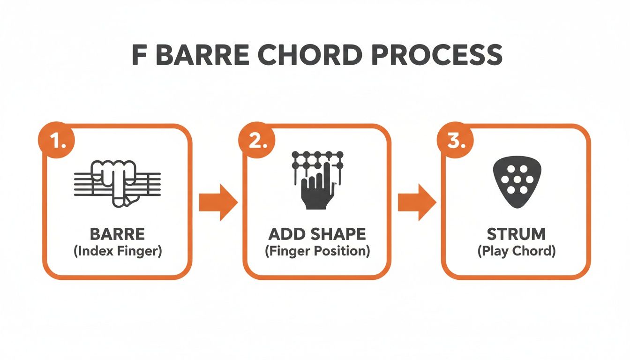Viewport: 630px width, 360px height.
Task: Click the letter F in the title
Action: [x=139, y=56]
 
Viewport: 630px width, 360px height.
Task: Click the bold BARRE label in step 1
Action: [x=117, y=234]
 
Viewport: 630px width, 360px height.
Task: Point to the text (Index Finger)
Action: [x=117, y=251]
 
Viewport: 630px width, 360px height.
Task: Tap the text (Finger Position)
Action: [x=317, y=251]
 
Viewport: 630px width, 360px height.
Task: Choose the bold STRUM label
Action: [x=516, y=234]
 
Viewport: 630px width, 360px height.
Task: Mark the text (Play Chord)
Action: [x=516, y=251]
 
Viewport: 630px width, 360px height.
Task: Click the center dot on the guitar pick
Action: [x=516, y=179]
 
